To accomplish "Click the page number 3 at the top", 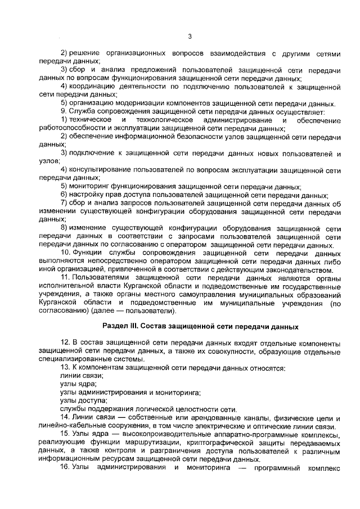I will (190, 37).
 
